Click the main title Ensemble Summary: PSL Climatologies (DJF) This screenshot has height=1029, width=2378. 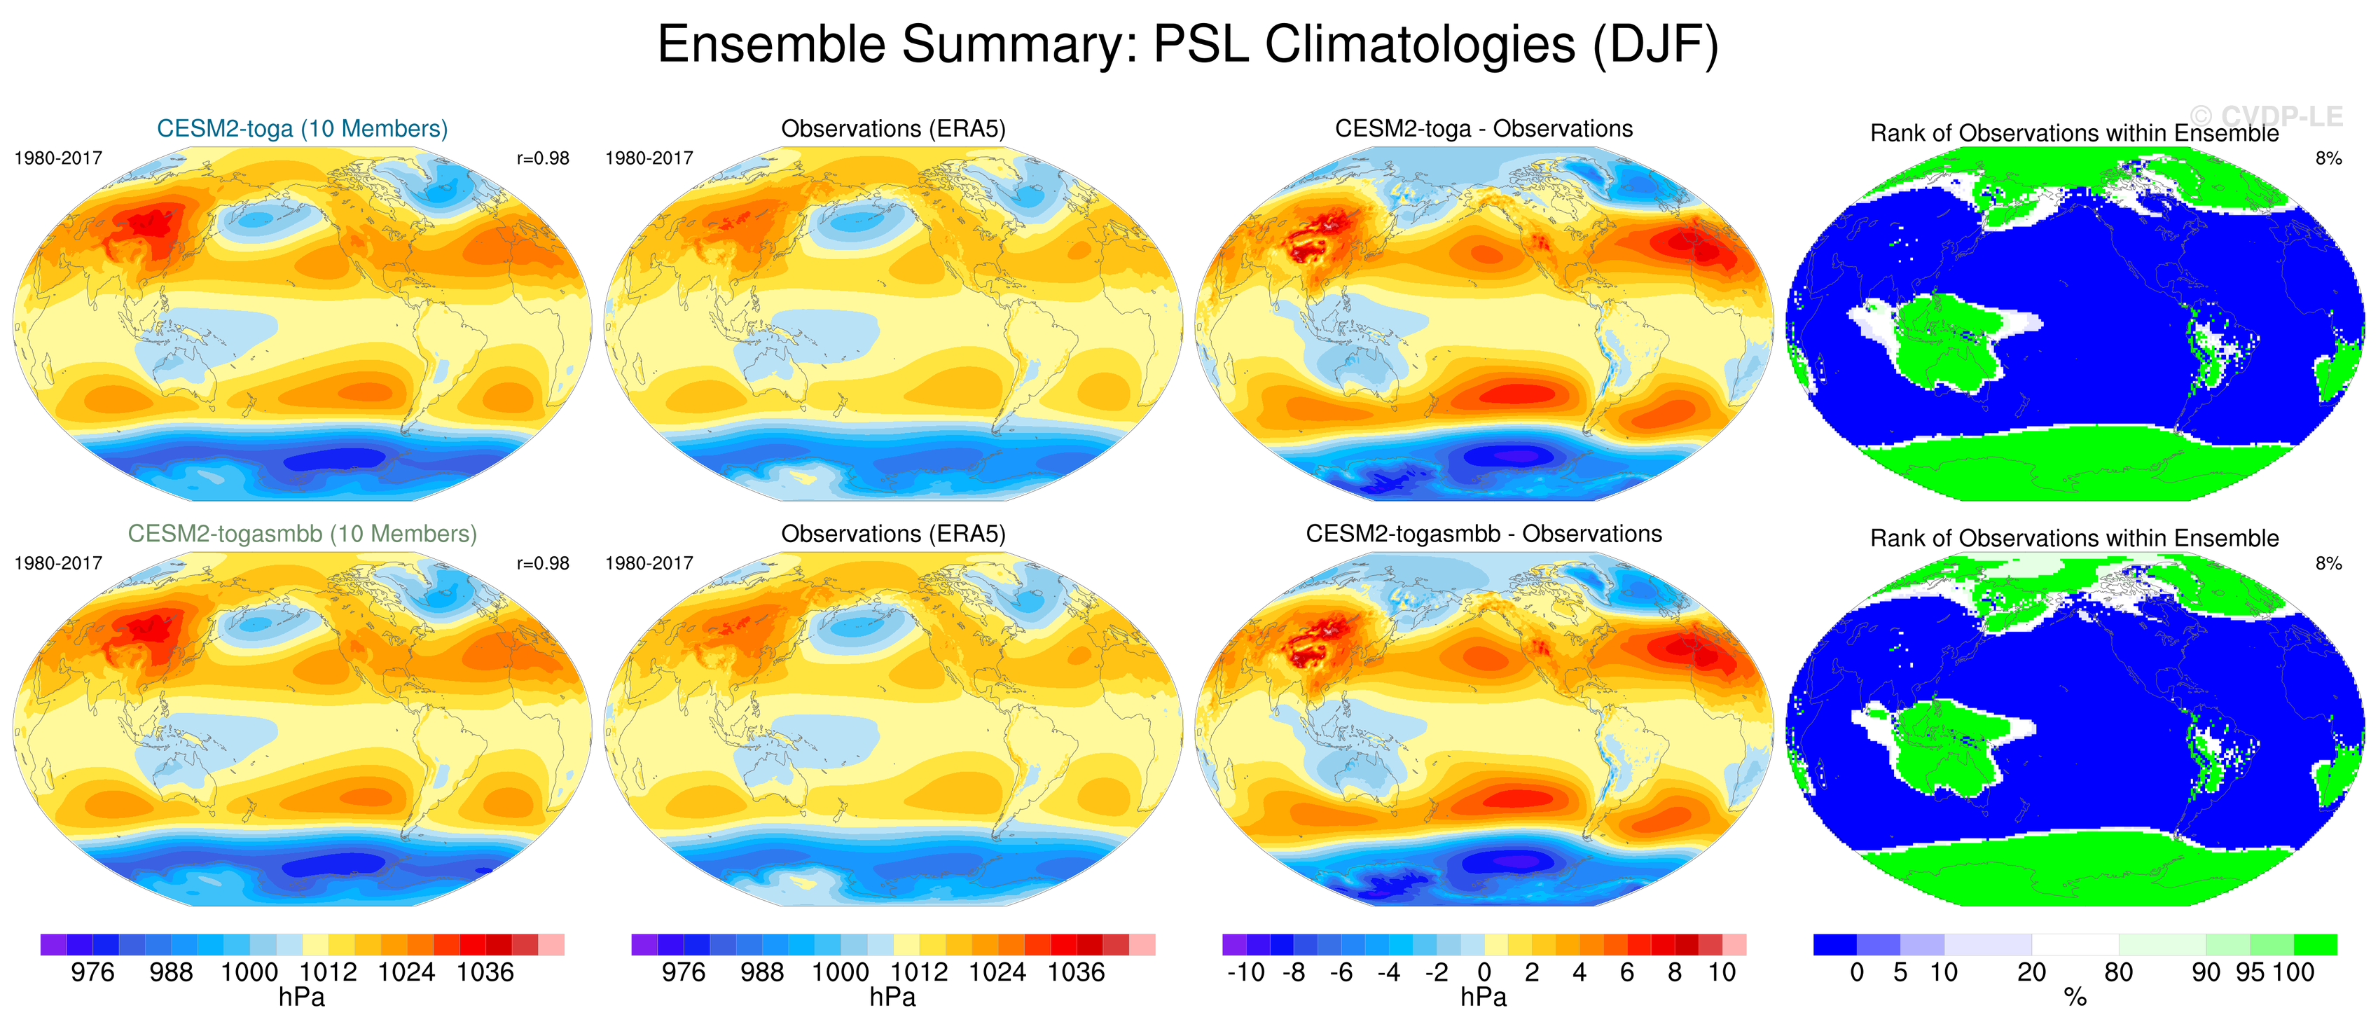(1187, 44)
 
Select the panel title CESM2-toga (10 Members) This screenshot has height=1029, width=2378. (302, 128)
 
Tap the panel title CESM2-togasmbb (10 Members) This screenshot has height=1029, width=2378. (302, 534)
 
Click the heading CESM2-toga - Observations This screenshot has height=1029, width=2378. (1484, 128)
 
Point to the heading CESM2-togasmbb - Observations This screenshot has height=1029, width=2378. (1484, 534)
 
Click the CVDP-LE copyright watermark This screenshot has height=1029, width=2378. (2267, 116)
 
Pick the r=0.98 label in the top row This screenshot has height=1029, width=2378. (543, 158)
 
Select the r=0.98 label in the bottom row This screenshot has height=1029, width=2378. (543, 563)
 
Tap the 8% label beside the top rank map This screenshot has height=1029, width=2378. (2328, 158)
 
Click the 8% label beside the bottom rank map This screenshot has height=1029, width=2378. (2328, 563)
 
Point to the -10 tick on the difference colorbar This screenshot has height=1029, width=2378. (1245, 972)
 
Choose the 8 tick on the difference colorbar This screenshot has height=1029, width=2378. (1675, 972)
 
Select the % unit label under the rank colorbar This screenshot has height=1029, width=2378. (2075, 997)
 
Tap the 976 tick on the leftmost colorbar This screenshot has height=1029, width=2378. (92, 972)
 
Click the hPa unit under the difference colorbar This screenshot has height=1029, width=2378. (1484, 997)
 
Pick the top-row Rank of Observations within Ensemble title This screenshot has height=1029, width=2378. (2074, 133)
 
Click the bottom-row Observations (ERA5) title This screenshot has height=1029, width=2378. (892, 534)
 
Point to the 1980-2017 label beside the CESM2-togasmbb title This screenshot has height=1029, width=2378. (58, 563)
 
